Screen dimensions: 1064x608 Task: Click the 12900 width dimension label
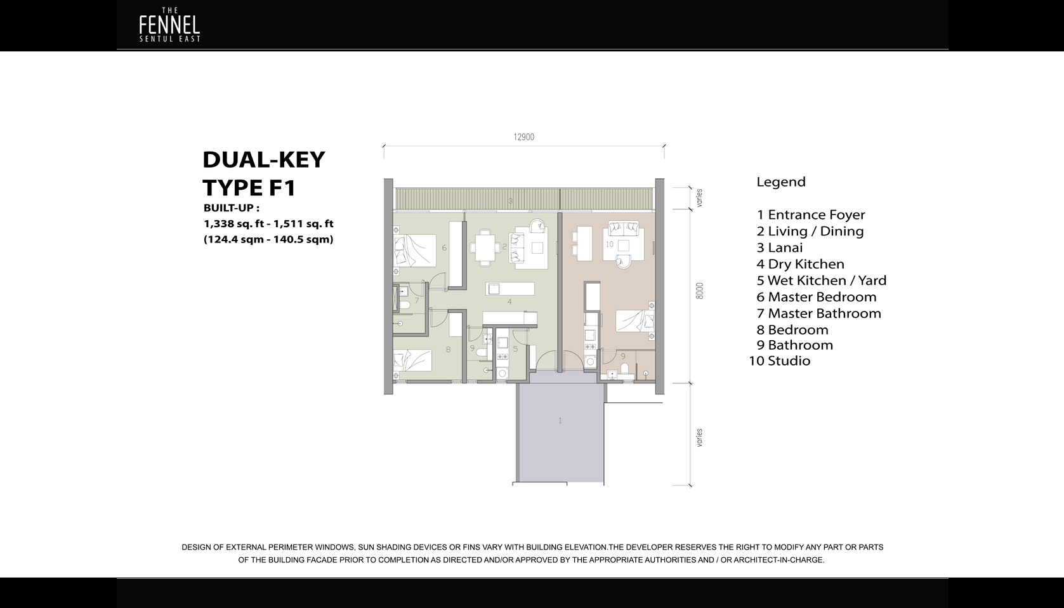[x=524, y=137]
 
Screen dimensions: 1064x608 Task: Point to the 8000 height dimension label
[x=699, y=291]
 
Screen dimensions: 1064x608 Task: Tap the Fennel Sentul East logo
[x=169, y=25]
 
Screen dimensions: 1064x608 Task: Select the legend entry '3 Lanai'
[x=780, y=248]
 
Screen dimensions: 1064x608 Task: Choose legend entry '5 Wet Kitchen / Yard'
[x=821, y=281]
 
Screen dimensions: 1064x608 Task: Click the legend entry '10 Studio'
[x=780, y=361]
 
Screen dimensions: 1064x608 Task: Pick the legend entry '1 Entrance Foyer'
[x=811, y=215]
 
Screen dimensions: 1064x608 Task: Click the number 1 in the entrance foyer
[x=560, y=420]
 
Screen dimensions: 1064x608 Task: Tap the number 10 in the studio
[x=610, y=244]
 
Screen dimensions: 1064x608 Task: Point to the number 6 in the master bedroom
[x=444, y=248]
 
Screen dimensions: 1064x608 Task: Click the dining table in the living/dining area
[x=485, y=248]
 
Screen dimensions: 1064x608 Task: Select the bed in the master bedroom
[x=414, y=250]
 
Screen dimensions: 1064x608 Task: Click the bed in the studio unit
[x=635, y=321]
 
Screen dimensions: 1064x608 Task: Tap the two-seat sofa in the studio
[x=623, y=228]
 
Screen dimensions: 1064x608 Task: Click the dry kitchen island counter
[x=510, y=289]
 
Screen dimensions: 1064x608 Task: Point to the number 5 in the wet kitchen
[x=515, y=349]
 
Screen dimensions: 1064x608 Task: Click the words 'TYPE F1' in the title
[x=249, y=188]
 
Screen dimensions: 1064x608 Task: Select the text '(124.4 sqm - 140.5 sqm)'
[x=268, y=239]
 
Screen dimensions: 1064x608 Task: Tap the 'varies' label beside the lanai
[x=699, y=198]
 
